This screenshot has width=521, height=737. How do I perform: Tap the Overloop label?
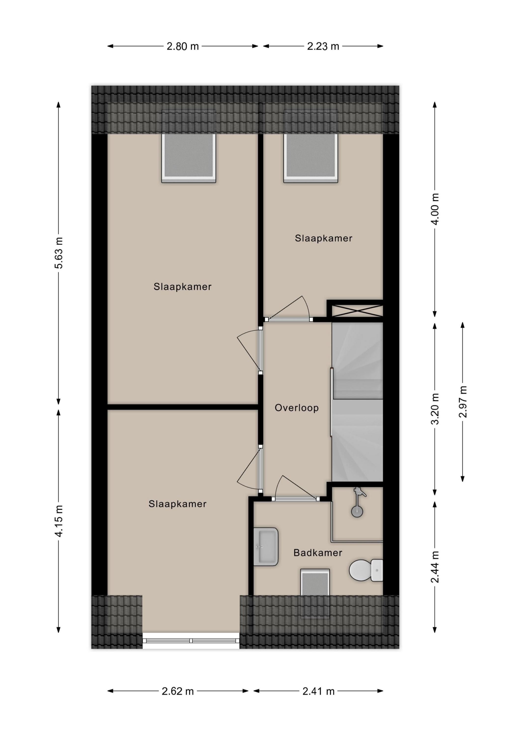[297, 408]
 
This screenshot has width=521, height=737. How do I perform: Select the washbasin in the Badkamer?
[266, 547]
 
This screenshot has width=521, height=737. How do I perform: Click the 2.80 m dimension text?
[183, 46]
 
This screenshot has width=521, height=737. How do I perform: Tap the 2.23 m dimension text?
[323, 46]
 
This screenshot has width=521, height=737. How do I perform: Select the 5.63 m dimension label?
[59, 253]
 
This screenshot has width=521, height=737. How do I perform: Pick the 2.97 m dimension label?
[463, 402]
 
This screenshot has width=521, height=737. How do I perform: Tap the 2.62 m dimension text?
[178, 691]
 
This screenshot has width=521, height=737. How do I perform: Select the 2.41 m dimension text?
[318, 691]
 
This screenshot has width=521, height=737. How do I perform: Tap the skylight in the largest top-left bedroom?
[188, 156]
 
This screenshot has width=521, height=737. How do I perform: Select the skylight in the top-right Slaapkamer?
[310, 156]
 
